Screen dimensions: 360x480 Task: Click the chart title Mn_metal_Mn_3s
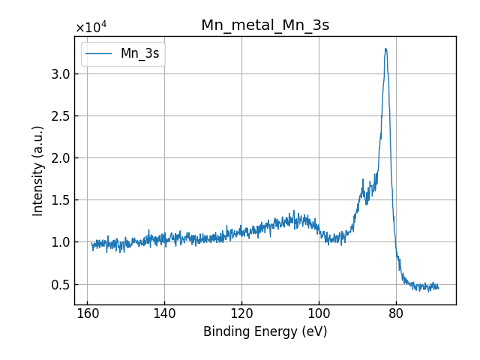265,25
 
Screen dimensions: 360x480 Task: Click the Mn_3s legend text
139,54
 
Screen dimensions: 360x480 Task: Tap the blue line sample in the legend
99,54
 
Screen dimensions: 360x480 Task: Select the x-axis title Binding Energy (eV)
265,331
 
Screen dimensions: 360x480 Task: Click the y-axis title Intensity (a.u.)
38,170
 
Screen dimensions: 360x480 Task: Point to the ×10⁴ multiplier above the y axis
91,28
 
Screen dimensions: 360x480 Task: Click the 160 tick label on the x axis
87,314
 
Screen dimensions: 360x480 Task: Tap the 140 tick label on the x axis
164,314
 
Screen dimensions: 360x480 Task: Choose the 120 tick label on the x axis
241,314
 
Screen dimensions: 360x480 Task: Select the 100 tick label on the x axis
319,314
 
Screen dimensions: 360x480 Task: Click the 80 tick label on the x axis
396,314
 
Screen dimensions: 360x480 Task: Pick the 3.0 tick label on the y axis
60,73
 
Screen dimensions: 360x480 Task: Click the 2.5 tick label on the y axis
60,115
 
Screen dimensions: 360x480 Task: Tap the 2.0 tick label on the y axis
60,157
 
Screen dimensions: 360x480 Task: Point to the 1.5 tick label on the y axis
60,199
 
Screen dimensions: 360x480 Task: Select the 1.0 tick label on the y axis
60,242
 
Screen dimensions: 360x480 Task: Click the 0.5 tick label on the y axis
60,284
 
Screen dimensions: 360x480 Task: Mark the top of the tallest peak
385,49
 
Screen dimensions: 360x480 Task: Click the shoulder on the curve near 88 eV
365,190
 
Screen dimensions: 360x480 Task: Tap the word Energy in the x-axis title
276,331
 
